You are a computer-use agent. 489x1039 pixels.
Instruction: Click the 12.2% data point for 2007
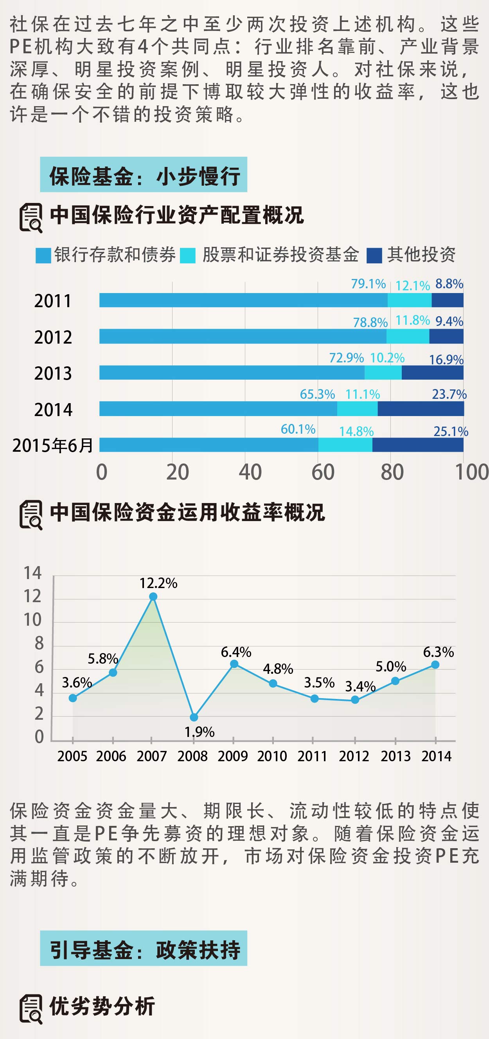[153, 597]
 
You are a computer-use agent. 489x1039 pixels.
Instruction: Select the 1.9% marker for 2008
[194, 717]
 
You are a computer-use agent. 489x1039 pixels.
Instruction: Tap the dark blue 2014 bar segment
[421, 409]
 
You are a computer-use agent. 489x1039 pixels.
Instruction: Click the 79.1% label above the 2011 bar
[368, 284]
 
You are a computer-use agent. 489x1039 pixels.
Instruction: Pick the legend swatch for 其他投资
[374, 256]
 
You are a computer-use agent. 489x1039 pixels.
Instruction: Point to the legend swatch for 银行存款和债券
[43, 256]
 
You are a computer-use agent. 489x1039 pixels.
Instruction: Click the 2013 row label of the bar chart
[53, 373]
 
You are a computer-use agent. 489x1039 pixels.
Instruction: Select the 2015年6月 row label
[53, 445]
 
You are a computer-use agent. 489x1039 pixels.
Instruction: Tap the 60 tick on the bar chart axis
[323, 472]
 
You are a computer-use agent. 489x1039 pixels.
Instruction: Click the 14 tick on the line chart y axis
[32, 573]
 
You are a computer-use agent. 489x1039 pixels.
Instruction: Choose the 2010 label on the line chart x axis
[272, 756]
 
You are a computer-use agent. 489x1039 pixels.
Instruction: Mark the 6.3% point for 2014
[435, 665]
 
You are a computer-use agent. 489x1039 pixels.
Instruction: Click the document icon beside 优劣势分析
[31, 1009]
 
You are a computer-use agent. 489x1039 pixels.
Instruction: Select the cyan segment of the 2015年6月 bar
[345, 445]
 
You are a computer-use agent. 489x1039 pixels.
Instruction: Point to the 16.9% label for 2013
[446, 359]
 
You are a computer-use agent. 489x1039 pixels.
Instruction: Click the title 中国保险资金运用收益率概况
[187, 512]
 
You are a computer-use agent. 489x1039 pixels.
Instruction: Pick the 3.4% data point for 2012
[355, 700]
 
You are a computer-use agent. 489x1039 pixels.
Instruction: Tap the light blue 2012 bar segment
[243, 337]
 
